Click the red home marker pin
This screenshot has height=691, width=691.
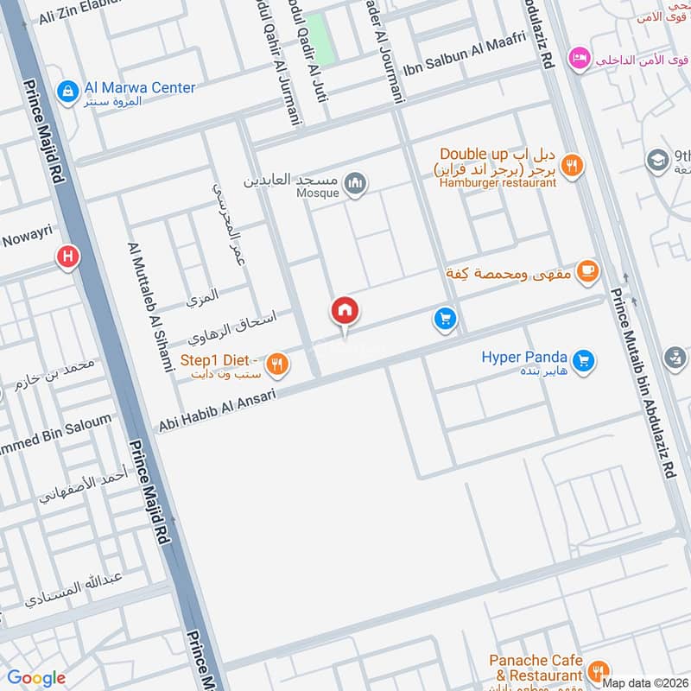pyautogui.click(x=345, y=311)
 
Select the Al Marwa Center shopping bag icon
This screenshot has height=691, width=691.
pyautogui.click(x=66, y=90)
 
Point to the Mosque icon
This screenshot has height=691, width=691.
pyautogui.click(x=355, y=182)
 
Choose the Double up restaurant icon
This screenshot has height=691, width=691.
pyautogui.click(x=570, y=164)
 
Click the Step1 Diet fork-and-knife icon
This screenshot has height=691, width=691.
pyautogui.click(x=276, y=364)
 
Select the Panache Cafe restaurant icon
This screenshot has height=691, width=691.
pyautogui.click(x=596, y=669)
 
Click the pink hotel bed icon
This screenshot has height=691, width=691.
pyautogui.click(x=578, y=59)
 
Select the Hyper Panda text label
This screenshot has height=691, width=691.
pyautogui.click(x=524, y=358)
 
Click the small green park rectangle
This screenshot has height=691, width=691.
pyautogui.click(x=319, y=39)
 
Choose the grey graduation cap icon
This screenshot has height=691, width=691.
pyautogui.click(x=657, y=161)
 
